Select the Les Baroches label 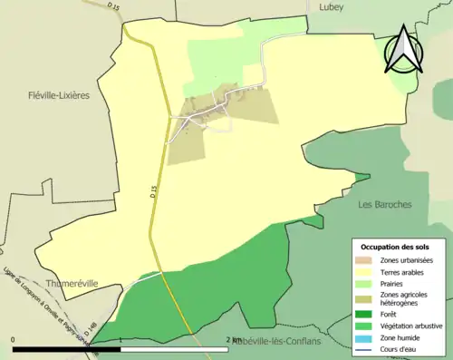385,204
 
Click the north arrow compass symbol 400,50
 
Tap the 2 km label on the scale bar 234,339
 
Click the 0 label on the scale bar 13,339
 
